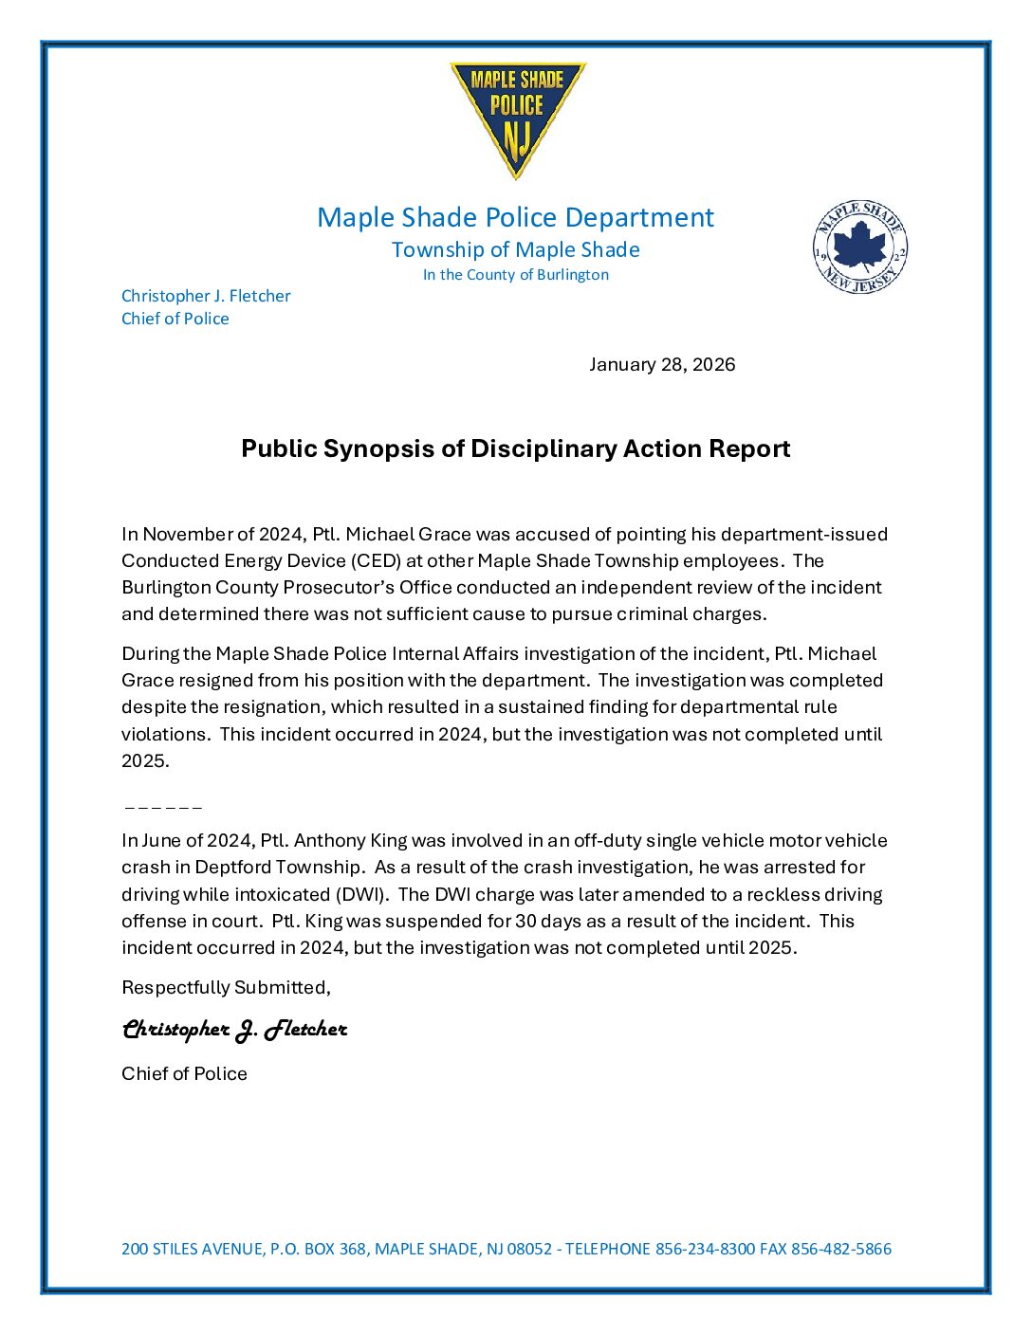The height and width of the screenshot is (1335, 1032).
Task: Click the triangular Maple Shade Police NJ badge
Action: point(517,116)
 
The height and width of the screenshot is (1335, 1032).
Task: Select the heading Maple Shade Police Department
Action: point(515,217)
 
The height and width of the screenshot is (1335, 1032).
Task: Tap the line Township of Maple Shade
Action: point(515,249)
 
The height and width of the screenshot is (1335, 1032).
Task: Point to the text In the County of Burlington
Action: point(515,275)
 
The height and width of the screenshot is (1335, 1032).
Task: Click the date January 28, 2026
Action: point(661,365)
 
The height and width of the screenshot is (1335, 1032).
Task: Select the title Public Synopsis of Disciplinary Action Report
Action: point(515,448)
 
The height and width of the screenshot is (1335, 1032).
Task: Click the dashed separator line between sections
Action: point(163,808)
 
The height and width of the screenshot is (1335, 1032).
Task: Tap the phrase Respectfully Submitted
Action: point(226,987)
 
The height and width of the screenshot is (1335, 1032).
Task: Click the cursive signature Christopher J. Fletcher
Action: point(234,1030)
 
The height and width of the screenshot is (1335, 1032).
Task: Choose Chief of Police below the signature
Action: point(184,1073)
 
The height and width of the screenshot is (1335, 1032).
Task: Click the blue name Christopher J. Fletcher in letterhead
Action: point(206,296)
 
